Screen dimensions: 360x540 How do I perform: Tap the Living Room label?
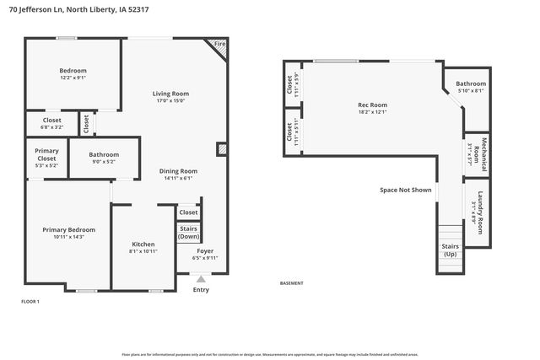click(x=170, y=96)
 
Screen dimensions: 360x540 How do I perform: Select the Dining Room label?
click(x=178, y=174)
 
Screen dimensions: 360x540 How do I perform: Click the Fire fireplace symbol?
click(x=219, y=47)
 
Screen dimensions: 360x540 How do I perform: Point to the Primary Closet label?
click(x=46, y=158)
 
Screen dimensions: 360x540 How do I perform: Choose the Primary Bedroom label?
click(x=69, y=233)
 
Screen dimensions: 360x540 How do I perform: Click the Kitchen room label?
click(x=143, y=247)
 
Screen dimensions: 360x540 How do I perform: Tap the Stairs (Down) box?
click(x=188, y=232)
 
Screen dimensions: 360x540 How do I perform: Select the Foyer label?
click(x=205, y=254)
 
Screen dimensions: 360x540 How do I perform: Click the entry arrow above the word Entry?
click(x=201, y=279)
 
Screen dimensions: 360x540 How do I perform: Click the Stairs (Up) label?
click(x=451, y=250)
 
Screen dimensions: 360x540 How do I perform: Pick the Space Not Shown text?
click(x=405, y=190)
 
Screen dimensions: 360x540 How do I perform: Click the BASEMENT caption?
click(x=291, y=283)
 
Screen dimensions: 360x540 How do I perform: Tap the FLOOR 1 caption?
click(x=30, y=301)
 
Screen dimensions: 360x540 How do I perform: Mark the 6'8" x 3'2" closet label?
click(x=51, y=123)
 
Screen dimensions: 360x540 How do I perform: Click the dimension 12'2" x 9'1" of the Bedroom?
click(x=73, y=77)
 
